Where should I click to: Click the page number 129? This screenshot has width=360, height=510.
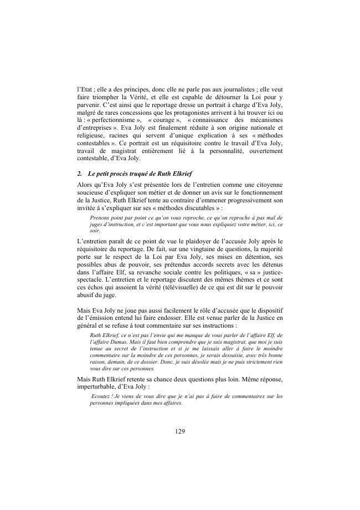click(180, 431)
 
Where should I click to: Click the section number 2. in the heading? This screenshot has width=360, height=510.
click(81, 174)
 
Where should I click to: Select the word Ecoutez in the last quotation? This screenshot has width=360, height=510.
click(101, 396)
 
